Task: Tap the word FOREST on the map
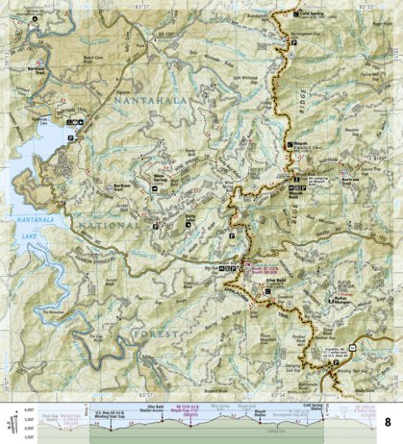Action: [x=156, y=333]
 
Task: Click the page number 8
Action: [x=389, y=422]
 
